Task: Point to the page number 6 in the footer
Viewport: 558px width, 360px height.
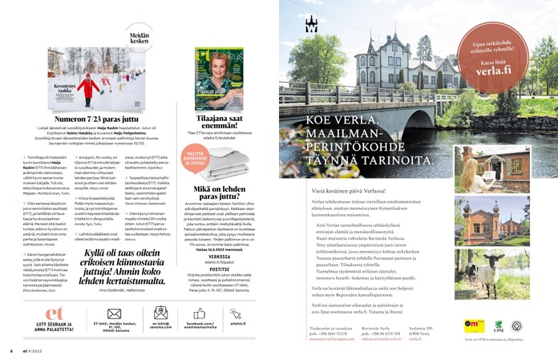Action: (x=11, y=350)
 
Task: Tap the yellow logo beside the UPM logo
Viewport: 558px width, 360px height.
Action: (x=474, y=326)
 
